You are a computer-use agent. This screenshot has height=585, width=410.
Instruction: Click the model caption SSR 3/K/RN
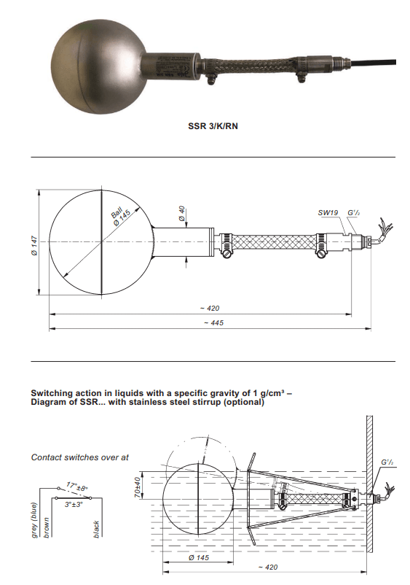point(213,126)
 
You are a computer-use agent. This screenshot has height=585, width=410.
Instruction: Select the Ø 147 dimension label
point(35,245)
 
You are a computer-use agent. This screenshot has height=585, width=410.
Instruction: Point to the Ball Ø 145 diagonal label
point(120,217)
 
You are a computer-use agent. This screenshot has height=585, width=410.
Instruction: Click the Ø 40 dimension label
point(181,214)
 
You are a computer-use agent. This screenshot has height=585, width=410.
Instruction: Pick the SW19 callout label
point(328,213)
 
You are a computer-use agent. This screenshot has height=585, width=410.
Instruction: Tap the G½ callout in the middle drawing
point(354,213)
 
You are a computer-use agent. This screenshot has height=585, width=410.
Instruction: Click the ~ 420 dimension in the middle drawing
point(210,308)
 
